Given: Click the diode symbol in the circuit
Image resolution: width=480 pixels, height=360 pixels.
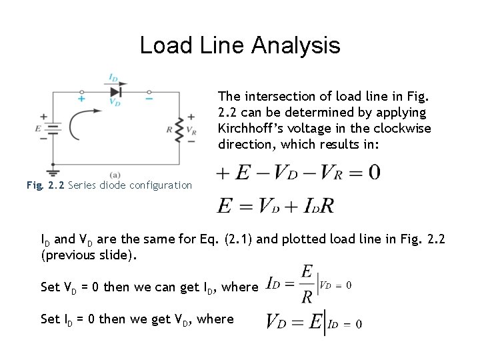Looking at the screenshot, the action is pos(115,91).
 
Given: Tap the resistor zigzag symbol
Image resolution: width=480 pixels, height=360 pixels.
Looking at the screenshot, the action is pos(178,130).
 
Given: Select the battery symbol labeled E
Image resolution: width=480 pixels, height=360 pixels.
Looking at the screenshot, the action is pos(52,130).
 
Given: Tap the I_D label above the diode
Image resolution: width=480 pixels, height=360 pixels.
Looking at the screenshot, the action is pos(115,78).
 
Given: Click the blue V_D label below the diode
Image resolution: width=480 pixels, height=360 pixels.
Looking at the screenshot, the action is pos(115,103).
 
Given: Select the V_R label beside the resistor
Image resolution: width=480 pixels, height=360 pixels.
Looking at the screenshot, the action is pos(191,130).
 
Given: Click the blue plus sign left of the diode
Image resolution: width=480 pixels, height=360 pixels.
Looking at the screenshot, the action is pos(82,99).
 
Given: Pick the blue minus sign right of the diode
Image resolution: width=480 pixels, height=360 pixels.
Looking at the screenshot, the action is pos(149,98).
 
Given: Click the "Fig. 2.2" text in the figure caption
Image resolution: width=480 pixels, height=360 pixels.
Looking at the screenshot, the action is pos(45,185).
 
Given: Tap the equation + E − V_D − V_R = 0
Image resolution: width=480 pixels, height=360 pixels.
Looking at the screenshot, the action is pos(298,173).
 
